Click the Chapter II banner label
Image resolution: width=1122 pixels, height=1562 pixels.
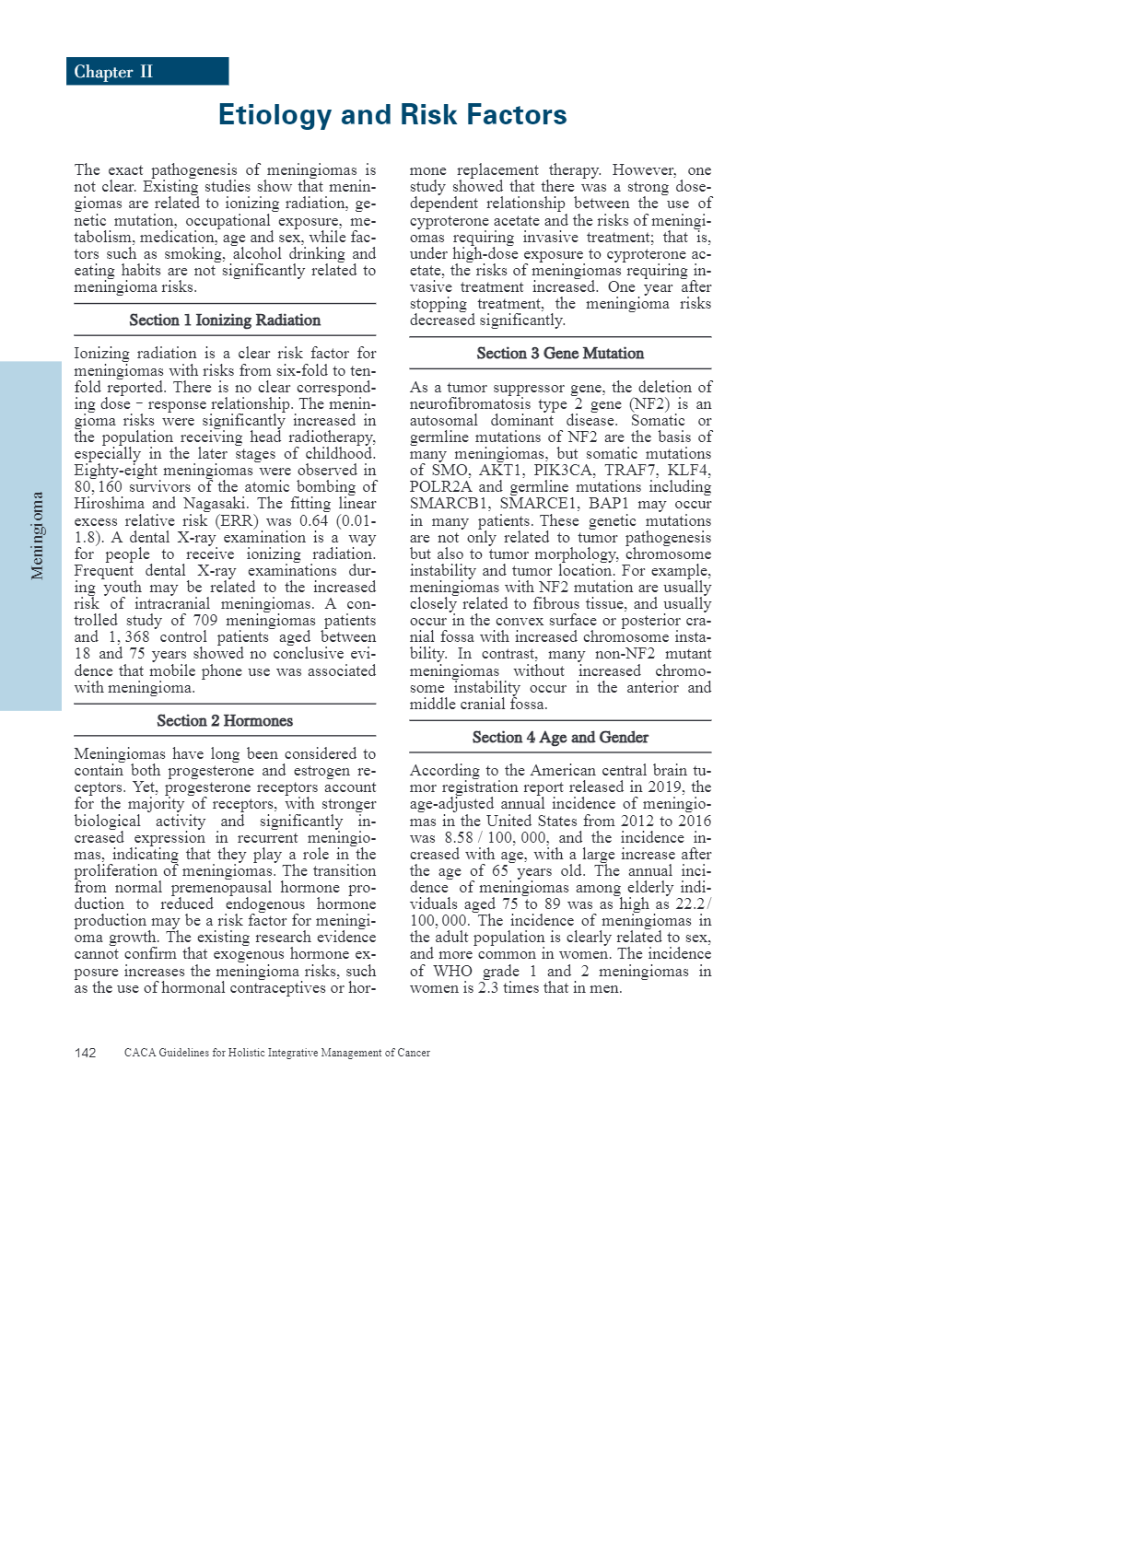click(x=113, y=72)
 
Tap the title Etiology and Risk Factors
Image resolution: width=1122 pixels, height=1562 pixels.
click(x=392, y=115)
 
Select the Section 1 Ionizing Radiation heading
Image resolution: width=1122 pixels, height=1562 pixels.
click(x=225, y=321)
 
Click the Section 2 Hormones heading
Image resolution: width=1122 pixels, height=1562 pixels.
click(x=225, y=721)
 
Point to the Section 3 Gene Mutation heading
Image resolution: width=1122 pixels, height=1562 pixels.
click(x=560, y=354)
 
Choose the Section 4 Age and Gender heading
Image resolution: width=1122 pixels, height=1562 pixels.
click(x=560, y=738)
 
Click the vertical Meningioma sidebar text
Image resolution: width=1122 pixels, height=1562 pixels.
click(x=37, y=535)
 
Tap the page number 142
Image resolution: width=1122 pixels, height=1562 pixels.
click(x=86, y=1053)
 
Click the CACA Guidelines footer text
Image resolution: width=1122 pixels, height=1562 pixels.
click(x=277, y=1053)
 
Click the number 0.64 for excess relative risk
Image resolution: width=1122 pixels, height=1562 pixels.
click(x=314, y=521)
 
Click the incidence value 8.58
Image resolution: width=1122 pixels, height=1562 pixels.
click(x=459, y=838)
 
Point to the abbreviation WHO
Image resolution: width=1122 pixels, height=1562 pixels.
click(x=452, y=972)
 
